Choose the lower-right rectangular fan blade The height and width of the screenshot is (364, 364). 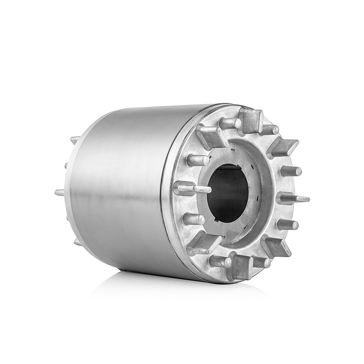(276, 246)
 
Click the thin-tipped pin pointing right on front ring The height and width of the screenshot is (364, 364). (293, 198)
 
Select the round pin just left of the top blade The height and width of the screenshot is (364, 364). (230, 123)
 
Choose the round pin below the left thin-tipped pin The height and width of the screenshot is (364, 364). (193, 219)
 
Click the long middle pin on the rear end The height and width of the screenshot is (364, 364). (60, 192)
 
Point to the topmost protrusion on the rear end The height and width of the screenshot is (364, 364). (74, 139)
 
